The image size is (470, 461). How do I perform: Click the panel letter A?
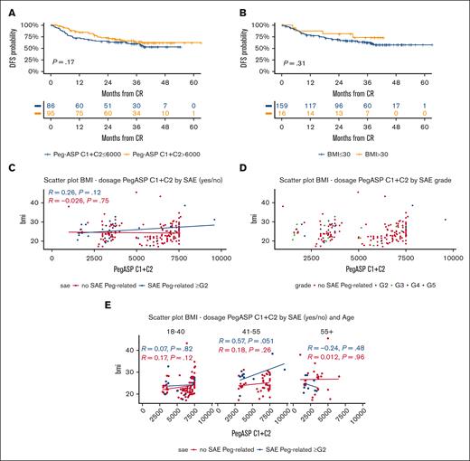(x=7, y=6)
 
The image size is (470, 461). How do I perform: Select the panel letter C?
(x=7, y=157)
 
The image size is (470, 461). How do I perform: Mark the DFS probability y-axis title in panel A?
(x=7, y=43)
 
